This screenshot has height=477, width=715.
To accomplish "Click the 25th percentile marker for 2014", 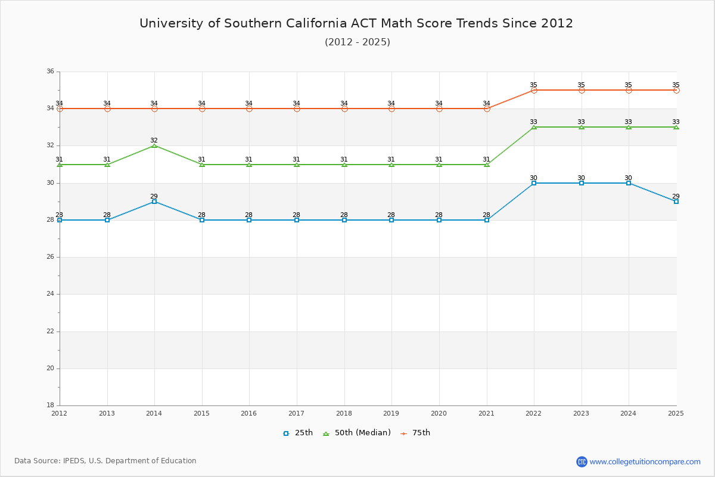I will (x=154, y=202).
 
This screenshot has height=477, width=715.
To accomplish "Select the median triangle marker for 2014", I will (x=154, y=145).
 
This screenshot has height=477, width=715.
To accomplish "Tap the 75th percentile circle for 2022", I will (x=534, y=90).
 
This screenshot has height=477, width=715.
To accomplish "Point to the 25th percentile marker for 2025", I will (x=676, y=202).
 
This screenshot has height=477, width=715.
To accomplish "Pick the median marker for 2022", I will (x=534, y=127).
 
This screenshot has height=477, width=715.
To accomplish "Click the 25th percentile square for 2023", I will (x=582, y=183).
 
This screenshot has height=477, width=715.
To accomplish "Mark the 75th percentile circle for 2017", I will (x=297, y=109).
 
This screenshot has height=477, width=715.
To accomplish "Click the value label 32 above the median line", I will (x=154, y=140).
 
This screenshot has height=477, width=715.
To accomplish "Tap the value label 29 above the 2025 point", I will (x=676, y=196).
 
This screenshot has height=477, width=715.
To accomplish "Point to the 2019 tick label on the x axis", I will (x=391, y=413).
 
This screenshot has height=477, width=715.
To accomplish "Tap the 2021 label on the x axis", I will (x=486, y=413).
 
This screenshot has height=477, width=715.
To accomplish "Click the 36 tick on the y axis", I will (x=50, y=72).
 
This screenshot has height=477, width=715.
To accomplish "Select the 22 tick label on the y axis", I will (x=50, y=331).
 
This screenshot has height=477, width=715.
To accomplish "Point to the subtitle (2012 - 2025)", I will (x=357, y=42).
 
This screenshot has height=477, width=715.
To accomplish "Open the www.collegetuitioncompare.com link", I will (x=645, y=461).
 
